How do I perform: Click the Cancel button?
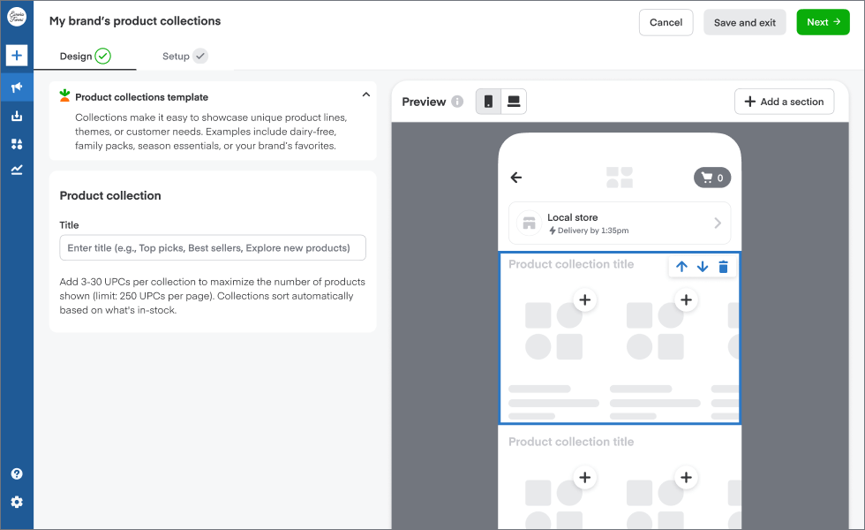pos(666,23)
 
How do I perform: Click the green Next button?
pos(823,23)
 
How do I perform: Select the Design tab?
pos(85,57)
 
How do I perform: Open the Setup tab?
pos(184,57)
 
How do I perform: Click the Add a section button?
pos(784,102)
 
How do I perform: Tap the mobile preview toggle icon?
pos(488,102)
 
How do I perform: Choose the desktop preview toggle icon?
pos(513,102)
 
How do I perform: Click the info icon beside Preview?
pos(457,102)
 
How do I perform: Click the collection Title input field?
pos(213,248)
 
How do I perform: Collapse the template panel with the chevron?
pos(365,95)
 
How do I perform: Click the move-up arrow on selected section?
pos(681,267)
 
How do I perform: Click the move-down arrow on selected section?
pos(703,267)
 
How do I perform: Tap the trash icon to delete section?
pos(724,267)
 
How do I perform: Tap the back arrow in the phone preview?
pos(516,178)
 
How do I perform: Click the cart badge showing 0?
pos(712,178)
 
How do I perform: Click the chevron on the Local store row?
pos(718,223)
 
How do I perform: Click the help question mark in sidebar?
pos(17,474)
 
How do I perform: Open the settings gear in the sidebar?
pos(17,503)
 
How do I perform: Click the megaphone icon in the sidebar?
pos(17,87)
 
